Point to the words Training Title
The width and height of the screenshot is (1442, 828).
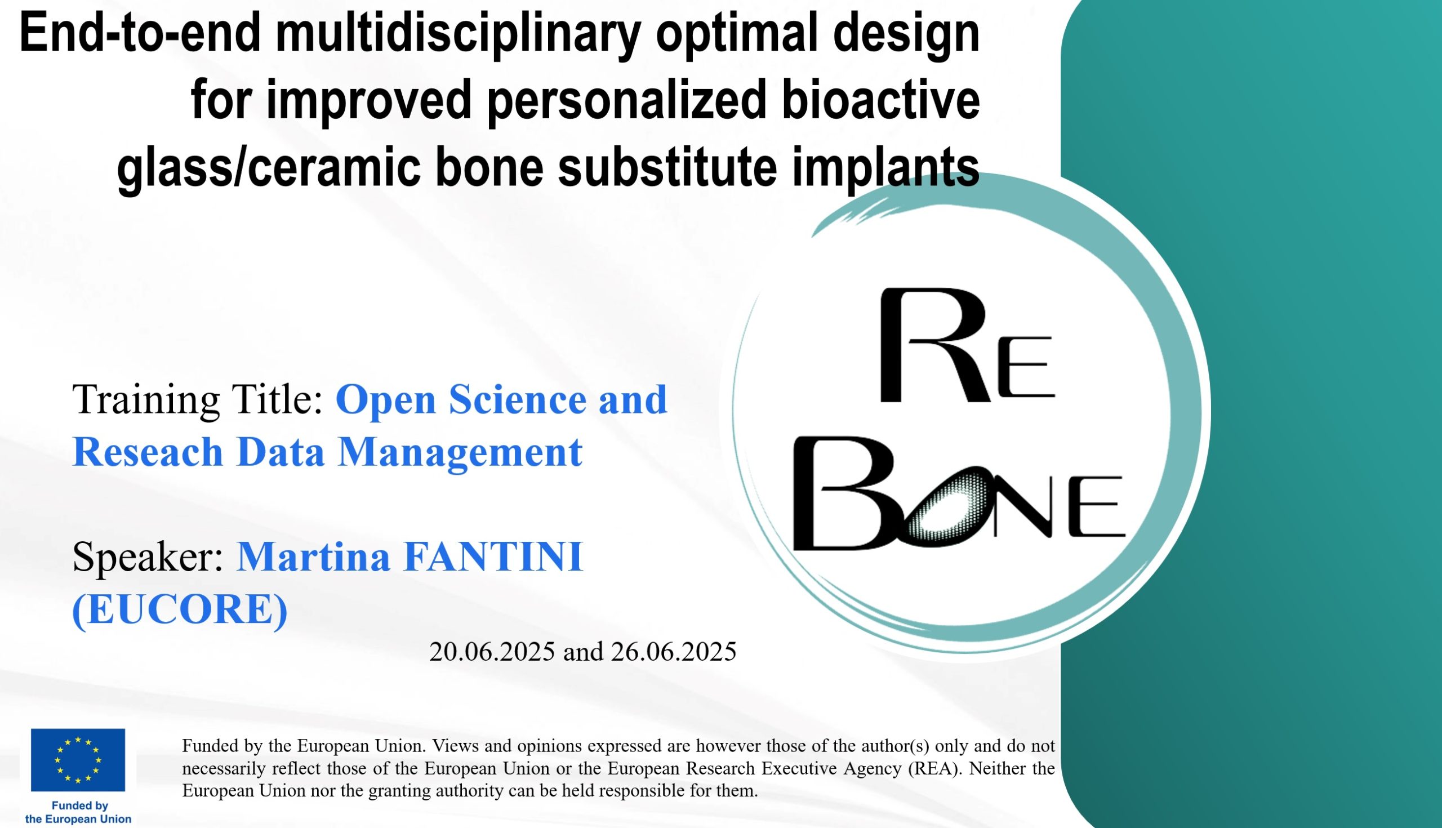pyautogui.click(x=198, y=399)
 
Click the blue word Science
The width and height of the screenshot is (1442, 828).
pyautogui.click(x=518, y=399)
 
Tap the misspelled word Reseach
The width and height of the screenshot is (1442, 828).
pyautogui.click(x=148, y=452)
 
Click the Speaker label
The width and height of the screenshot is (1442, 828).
pyautogui.click(x=148, y=557)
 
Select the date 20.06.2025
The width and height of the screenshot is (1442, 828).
pyautogui.click(x=492, y=652)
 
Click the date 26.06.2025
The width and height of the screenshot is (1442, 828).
pyautogui.click(x=674, y=652)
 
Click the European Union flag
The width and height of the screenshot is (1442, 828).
pyautogui.click(x=78, y=760)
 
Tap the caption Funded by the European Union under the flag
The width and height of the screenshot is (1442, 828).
pyautogui.click(x=78, y=813)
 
